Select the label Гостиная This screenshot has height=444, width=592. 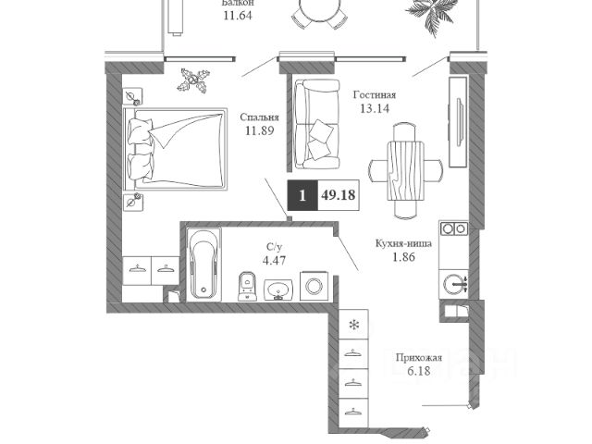click(x=375, y=94)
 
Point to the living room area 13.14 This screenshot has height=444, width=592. click(x=375, y=108)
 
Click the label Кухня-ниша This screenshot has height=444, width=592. click(x=400, y=243)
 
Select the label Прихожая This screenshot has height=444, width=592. click(x=418, y=357)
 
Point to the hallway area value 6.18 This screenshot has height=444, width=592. click(x=418, y=371)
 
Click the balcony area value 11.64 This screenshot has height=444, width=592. click(x=239, y=15)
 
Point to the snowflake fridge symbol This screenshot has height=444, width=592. click(x=352, y=325)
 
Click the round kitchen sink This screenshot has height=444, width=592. click(x=452, y=283)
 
